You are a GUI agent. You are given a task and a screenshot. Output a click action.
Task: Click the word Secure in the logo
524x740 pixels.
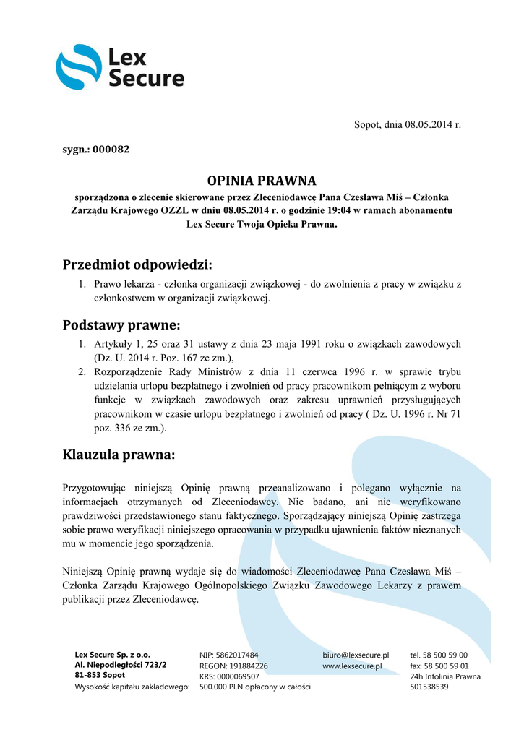point(146,78)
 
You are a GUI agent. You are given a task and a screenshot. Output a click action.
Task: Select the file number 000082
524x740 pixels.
point(111,150)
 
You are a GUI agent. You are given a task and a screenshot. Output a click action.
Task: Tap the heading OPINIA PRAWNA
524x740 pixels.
point(262,180)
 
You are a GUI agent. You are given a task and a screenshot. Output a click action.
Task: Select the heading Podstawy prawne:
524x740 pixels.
point(121,324)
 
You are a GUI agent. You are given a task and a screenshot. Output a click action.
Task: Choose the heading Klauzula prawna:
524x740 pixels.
point(119,455)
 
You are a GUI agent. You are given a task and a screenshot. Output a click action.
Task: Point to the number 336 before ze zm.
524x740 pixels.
point(117,428)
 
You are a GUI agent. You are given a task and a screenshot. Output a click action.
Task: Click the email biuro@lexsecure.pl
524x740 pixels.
point(356,654)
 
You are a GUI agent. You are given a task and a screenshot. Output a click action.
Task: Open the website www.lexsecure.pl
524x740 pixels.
point(352,665)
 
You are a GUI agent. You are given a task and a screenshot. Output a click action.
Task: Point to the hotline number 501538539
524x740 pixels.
point(429,687)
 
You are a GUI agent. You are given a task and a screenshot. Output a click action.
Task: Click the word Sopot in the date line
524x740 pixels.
point(367,125)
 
